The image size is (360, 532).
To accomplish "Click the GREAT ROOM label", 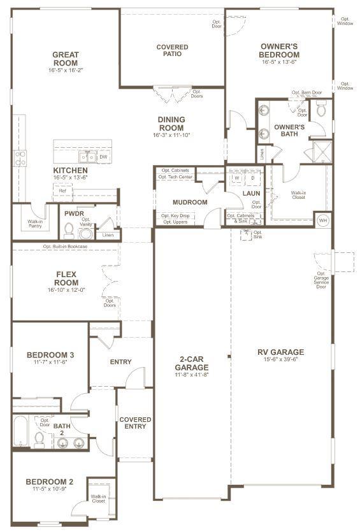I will pos(65,59).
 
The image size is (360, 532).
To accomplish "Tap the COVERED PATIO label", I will pos(172,50).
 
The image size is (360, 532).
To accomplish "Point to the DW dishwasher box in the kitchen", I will pos(103,156).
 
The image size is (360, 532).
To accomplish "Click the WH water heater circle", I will pos(324,219).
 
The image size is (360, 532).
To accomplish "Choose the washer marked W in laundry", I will pos(236,178).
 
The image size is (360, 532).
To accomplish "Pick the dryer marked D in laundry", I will pos(252,178).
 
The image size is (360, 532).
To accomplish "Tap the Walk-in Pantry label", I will pos(36,224).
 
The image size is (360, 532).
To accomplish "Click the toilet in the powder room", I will pos(85,233).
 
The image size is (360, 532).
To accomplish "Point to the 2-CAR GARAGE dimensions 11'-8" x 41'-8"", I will pos(191,375).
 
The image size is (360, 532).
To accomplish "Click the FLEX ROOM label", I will pos(66,278).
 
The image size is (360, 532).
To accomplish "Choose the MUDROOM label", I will pos(190,203).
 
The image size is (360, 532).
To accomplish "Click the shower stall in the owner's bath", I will pos(317,152).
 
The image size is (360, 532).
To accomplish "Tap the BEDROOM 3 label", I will pos(50,355).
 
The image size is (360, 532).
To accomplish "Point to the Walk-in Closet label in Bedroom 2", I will pos(98,499).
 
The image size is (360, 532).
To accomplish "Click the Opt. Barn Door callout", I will pos(306,92).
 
